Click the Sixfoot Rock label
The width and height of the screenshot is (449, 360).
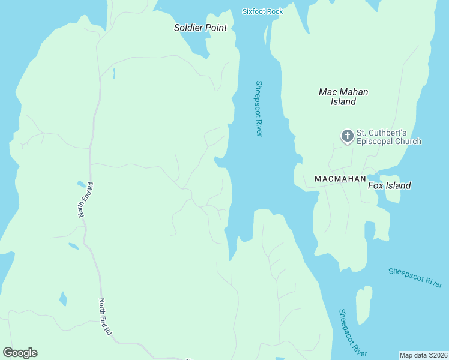pos(262,11)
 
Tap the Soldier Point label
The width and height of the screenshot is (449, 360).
pos(200,28)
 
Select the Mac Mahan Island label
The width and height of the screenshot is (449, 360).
pos(343,97)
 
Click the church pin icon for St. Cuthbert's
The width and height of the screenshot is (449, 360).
pos(347,136)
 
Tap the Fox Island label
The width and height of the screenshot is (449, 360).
pos(389,185)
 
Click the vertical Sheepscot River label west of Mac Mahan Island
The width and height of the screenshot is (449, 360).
pos(259,108)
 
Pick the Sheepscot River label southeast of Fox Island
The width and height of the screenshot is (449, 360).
pos(415,278)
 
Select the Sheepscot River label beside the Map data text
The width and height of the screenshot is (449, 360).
pos(352,333)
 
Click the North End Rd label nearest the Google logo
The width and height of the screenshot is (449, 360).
pos(106,317)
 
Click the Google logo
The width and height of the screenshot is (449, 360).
pos(20,353)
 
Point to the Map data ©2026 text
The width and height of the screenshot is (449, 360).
pos(423,355)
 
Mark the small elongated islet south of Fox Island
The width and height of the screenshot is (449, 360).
pos(363,305)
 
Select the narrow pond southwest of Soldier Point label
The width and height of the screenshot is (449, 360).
pos(113,74)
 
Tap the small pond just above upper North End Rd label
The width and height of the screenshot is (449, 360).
pos(82,184)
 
